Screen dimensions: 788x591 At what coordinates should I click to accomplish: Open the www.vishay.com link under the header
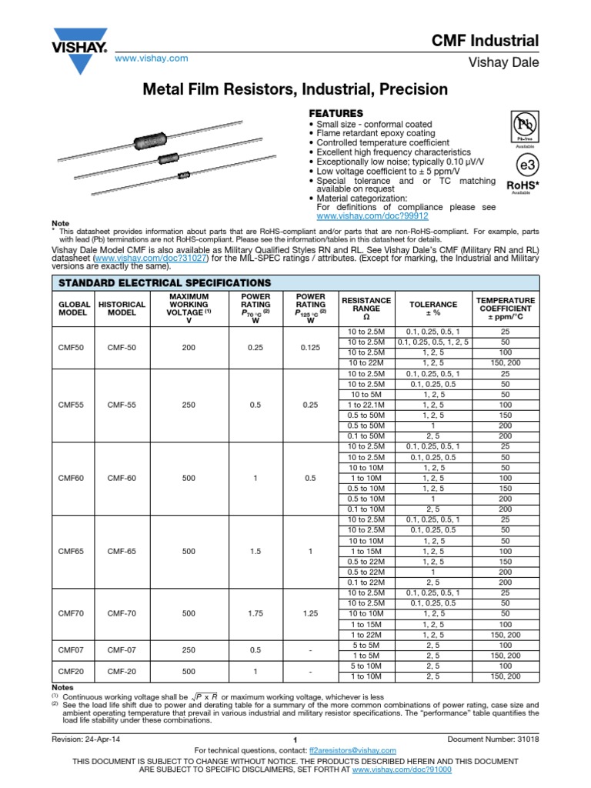coord(152,58)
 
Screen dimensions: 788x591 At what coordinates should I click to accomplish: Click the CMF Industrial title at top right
coord(495,41)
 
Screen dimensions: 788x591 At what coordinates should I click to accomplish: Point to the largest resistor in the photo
coord(151,142)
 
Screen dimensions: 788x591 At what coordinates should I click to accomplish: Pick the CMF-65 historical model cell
coord(122,552)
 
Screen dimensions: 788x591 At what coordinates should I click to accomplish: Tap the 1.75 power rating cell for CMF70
coord(256,615)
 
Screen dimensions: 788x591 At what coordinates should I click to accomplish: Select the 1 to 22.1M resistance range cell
coord(366,404)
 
